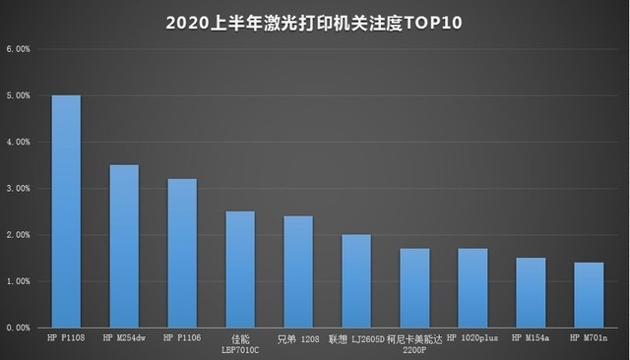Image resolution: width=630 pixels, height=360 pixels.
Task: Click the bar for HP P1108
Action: coord(66,211)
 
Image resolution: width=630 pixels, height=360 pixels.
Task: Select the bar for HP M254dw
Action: coord(124,246)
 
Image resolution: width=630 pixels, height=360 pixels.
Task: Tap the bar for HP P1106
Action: coord(182,253)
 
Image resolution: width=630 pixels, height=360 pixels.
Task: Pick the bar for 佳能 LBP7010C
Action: coord(240,270)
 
